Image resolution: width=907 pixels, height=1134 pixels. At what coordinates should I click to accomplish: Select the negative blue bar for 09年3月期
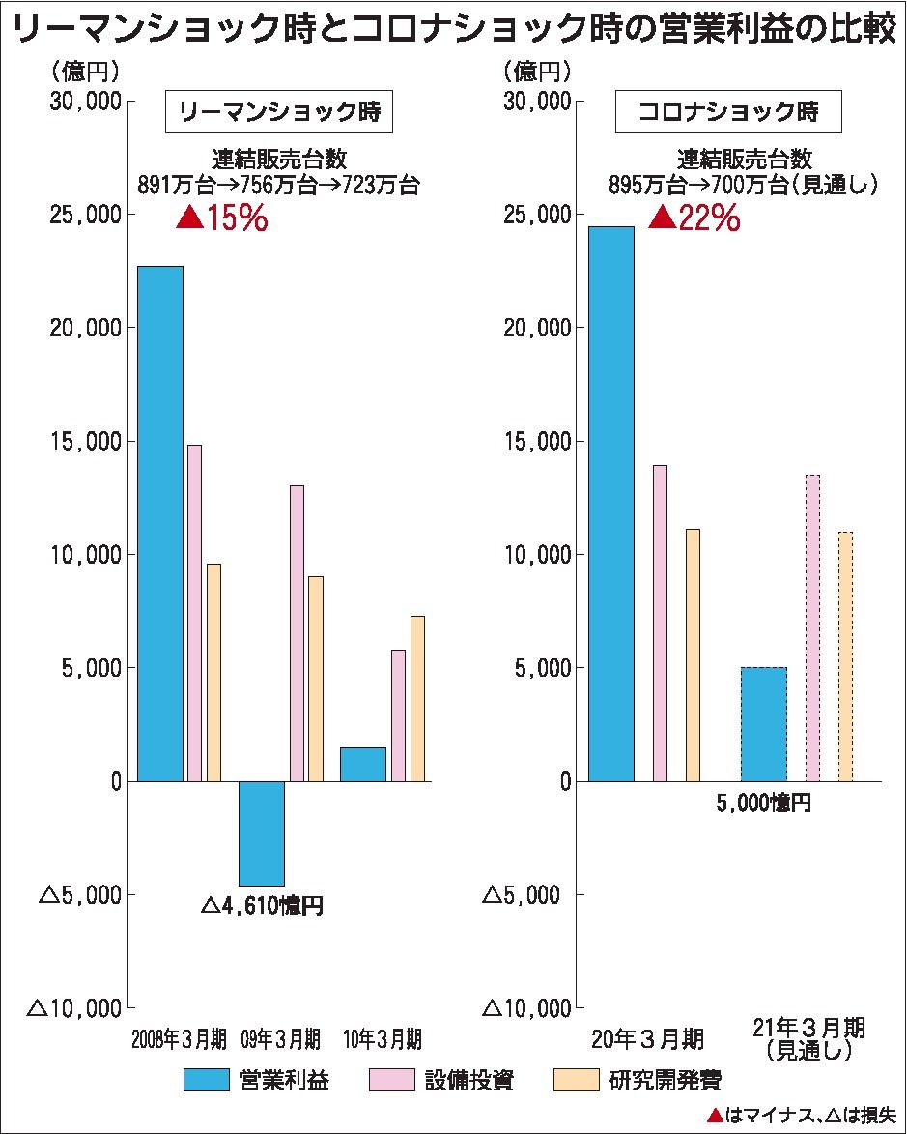pyautogui.click(x=261, y=832)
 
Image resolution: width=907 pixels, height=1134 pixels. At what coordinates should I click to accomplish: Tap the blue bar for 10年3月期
pyautogui.click(x=362, y=764)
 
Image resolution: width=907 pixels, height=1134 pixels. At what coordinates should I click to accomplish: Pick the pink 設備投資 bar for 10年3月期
pyautogui.click(x=398, y=714)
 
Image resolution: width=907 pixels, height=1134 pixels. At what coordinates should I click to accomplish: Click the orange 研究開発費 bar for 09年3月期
pyautogui.click(x=315, y=678)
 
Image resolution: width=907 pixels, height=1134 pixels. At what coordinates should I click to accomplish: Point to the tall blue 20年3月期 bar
pyautogui.click(x=610, y=504)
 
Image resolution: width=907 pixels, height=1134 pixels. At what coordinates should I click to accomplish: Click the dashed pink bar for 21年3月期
pyautogui.click(x=812, y=627)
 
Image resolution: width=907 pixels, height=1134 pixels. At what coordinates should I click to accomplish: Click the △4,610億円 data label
pyautogui.click(x=261, y=907)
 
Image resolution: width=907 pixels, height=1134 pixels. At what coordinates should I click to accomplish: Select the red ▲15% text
pyautogui.click(x=222, y=218)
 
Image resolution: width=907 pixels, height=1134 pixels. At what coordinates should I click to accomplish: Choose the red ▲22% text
pyautogui.click(x=694, y=218)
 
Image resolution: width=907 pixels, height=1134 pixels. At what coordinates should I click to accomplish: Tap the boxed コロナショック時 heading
pyautogui.click(x=728, y=113)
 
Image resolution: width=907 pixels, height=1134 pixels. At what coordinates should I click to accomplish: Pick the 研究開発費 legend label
pyautogui.click(x=665, y=1080)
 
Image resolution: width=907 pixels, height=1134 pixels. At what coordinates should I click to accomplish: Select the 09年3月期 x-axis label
pyautogui.click(x=280, y=1039)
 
